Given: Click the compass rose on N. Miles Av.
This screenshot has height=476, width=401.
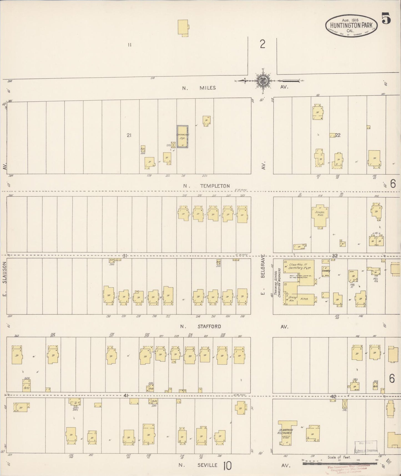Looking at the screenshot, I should click(262, 81).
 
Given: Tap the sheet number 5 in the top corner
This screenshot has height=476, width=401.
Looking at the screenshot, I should click(386, 19).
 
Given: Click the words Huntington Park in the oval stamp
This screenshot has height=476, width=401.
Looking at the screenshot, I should click(352, 25).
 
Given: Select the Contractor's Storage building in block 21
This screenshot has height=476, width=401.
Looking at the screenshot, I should click(183, 136).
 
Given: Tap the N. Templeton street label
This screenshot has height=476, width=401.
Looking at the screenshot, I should click(214, 186).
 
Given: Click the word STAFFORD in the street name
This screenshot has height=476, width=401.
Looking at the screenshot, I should click(209, 327).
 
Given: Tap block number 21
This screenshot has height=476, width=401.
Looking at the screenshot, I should click(129, 135).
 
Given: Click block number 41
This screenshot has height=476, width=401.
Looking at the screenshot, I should click(126, 395).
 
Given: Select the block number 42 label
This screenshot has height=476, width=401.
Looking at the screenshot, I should click(333, 397).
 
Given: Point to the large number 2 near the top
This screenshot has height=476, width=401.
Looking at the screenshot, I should click(263, 44).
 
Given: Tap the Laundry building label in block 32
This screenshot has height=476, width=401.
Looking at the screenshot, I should click(326, 270).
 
